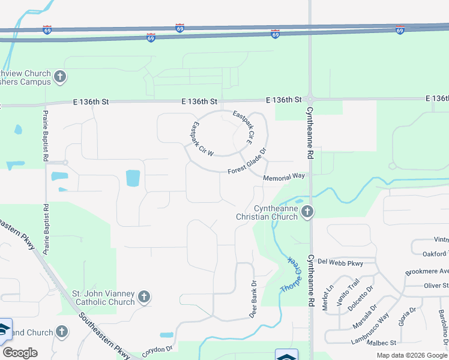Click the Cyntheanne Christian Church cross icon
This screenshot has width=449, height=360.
coord(307,211)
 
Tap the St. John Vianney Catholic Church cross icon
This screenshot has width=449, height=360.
coord(143,296)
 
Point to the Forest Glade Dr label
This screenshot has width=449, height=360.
coord(246,163)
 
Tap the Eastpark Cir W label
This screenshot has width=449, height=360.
coord(202,140)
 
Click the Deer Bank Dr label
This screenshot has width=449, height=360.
coord(253,299)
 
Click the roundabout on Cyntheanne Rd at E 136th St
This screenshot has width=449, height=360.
coord(310,99)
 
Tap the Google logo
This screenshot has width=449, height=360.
coord(20,353)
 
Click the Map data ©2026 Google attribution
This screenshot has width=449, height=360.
coord(412,355)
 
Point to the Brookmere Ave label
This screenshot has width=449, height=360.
coord(427,271)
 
